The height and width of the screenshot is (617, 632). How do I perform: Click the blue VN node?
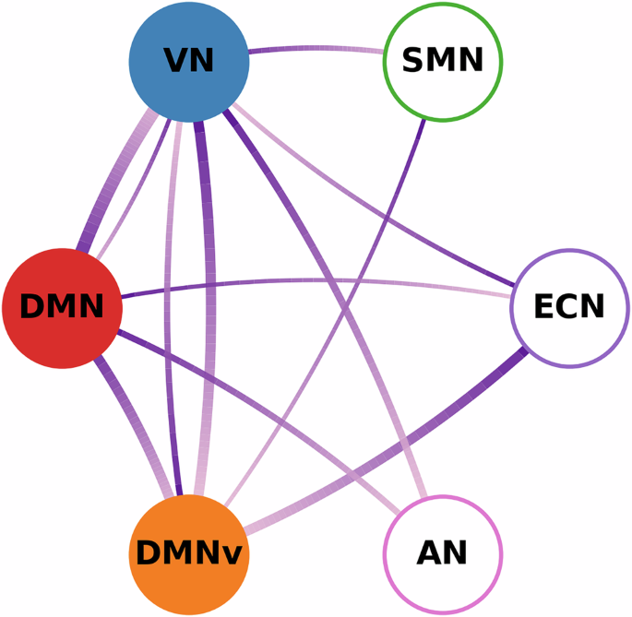pos(189,61)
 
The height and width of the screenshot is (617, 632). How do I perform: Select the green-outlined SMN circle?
pos(443,61)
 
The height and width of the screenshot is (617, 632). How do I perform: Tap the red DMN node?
pos(62,307)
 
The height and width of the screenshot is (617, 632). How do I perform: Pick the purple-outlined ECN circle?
pos(570,307)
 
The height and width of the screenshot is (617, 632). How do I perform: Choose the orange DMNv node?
pos(189,553)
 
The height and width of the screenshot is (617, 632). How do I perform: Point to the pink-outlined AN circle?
pos(443,554)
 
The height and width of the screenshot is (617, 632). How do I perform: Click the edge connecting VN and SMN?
pos(314,47)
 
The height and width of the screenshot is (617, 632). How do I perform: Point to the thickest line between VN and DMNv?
pos(209,304)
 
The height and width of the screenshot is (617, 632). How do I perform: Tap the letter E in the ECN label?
pos(545,307)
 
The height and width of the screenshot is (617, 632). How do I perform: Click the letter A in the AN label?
pos(429,554)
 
